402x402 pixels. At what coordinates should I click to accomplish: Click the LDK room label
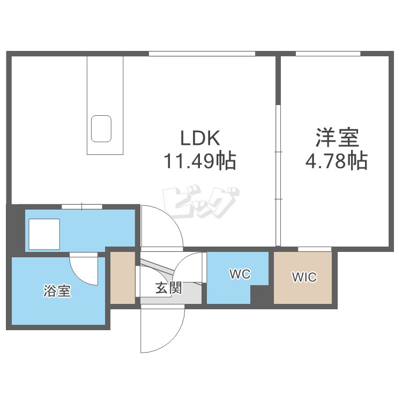[x=200, y=138]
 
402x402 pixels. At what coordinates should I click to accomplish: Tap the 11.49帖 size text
[x=200, y=161]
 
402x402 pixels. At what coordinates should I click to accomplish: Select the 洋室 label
[x=336, y=138]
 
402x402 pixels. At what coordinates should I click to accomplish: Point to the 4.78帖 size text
[x=336, y=161]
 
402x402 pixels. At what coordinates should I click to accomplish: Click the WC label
[x=240, y=274]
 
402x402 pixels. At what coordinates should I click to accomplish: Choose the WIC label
[x=304, y=277]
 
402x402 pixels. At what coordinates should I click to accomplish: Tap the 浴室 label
[x=58, y=292]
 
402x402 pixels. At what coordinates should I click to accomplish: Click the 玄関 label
[x=168, y=288]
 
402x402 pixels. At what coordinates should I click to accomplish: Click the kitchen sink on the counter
[x=101, y=129]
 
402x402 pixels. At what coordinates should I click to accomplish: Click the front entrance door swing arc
[x=161, y=330]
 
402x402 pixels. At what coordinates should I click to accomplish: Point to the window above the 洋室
[x=327, y=53]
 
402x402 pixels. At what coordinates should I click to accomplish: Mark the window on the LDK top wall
[x=202, y=53]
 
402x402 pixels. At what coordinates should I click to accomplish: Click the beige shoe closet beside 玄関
[x=123, y=277]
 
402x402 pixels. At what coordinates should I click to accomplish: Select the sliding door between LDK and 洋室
[x=278, y=174]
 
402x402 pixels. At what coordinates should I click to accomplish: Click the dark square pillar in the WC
[x=260, y=295]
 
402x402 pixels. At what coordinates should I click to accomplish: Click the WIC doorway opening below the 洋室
[x=314, y=249]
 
